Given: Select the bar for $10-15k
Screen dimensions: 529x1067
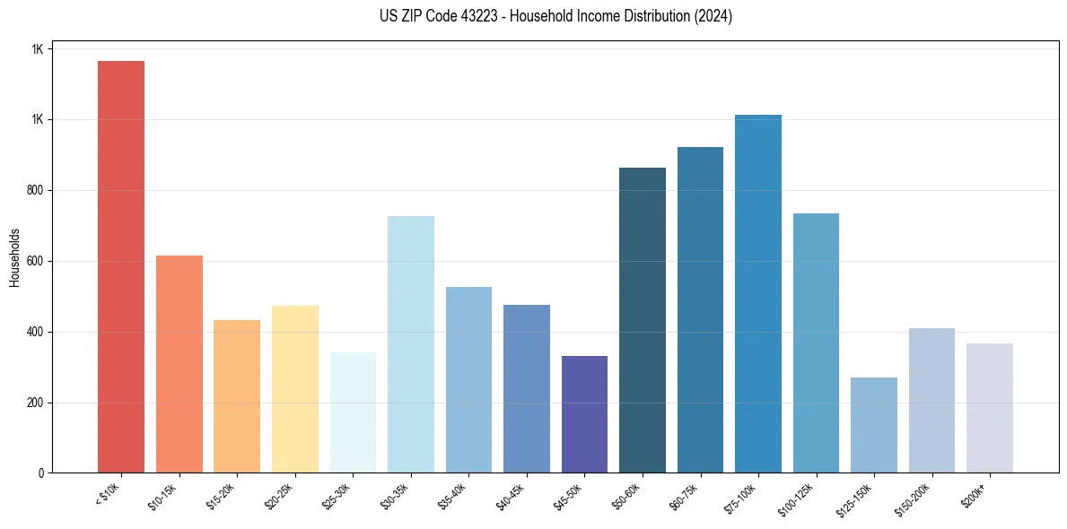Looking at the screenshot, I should point(179,364).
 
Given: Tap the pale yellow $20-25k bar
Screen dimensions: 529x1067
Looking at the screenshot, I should point(294,389).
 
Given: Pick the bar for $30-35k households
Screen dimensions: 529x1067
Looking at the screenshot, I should point(410,344).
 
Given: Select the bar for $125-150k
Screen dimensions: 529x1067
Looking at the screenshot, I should point(874,425).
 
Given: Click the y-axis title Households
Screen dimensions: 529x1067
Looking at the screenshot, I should point(15,256).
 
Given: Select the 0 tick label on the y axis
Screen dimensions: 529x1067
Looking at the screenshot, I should point(40,473).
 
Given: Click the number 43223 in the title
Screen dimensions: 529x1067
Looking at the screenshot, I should point(431,16).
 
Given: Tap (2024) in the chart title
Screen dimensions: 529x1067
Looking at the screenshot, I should point(713,16).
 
